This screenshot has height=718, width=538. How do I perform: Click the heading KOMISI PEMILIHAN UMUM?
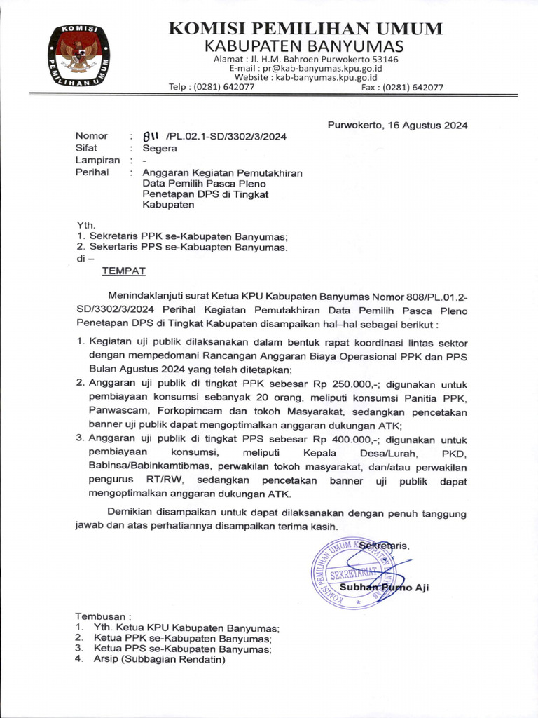(305, 29)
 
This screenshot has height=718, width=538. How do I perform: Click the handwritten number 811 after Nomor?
(151, 136)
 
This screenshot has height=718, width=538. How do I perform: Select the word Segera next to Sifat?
(160, 149)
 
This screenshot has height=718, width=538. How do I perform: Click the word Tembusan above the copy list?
(102, 616)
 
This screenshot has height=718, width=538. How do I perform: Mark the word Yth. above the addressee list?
(85, 225)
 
